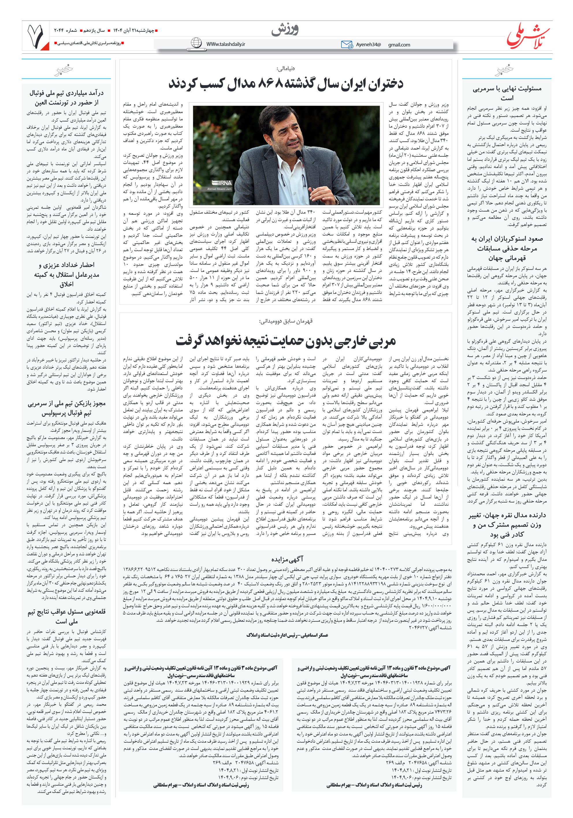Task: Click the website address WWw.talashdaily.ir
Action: (x=226, y=44)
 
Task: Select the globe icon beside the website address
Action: (x=196, y=43)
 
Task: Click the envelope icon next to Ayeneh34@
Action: (x=347, y=44)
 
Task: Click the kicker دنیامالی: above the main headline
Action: (x=285, y=68)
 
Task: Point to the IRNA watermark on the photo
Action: (x=220, y=183)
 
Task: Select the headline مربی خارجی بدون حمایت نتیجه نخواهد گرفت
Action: (x=285, y=341)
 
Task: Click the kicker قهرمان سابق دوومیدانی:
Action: (x=285, y=321)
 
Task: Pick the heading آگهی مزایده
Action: (x=287, y=559)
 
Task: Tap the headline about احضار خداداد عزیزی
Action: (x=66, y=274)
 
